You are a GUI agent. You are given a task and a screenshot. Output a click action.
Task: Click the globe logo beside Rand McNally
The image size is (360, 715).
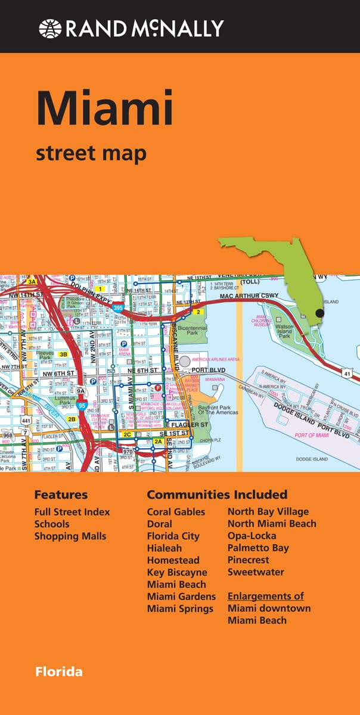[x=49, y=28]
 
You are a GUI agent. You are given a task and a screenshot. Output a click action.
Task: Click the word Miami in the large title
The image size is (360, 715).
[x=104, y=109]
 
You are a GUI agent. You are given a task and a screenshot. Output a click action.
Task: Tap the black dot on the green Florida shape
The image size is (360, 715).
[x=320, y=313]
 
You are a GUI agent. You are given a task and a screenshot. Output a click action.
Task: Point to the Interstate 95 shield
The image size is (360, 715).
[x=82, y=405]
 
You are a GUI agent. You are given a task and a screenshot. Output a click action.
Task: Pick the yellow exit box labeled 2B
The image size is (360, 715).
[x=72, y=419]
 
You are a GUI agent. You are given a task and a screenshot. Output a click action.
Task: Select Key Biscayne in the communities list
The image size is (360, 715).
[x=177, y=572]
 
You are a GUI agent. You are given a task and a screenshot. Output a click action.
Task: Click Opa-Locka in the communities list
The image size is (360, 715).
[x=252, y=536]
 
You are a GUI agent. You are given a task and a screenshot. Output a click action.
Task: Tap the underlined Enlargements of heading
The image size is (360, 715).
[x=265, y=596]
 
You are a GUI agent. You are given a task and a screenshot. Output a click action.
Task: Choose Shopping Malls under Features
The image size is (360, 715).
[x=70, y=536]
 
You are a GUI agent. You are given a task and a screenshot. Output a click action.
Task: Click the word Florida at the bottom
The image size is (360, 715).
[x=58, y=672]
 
